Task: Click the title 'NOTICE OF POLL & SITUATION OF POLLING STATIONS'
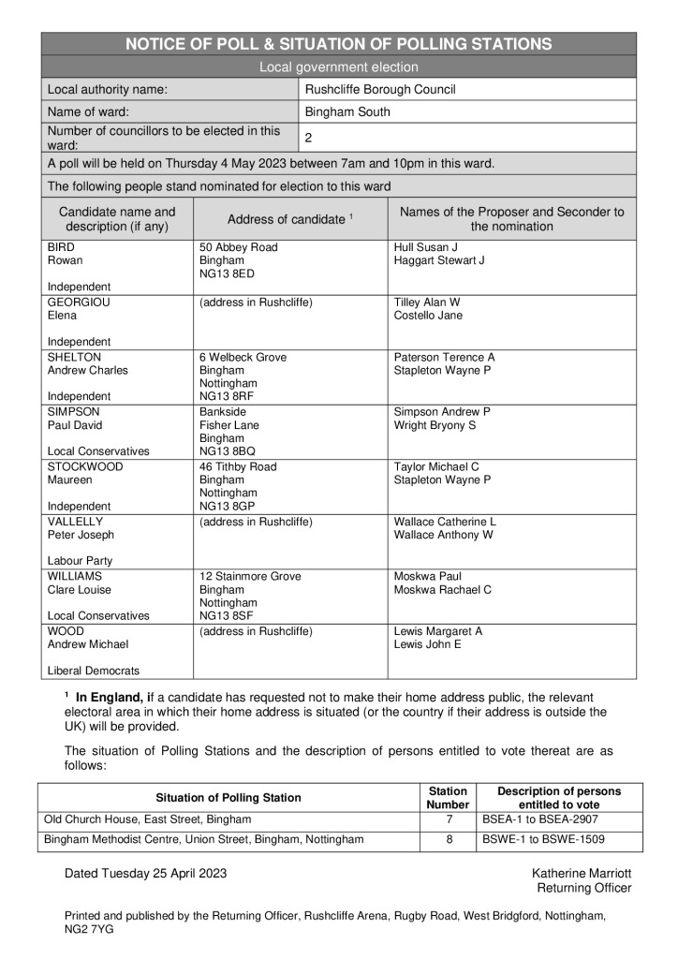pos(338,44)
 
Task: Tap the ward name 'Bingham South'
pos(348,112)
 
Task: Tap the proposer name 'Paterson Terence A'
pos(444,358)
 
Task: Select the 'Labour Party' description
pos(80,561)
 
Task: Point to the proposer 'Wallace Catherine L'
pos(445,522)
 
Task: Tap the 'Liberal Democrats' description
pos(94,671)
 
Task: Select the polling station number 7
pos(448,819)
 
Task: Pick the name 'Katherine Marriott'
pos(581,873)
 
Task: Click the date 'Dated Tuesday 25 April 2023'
pos(145,873)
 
